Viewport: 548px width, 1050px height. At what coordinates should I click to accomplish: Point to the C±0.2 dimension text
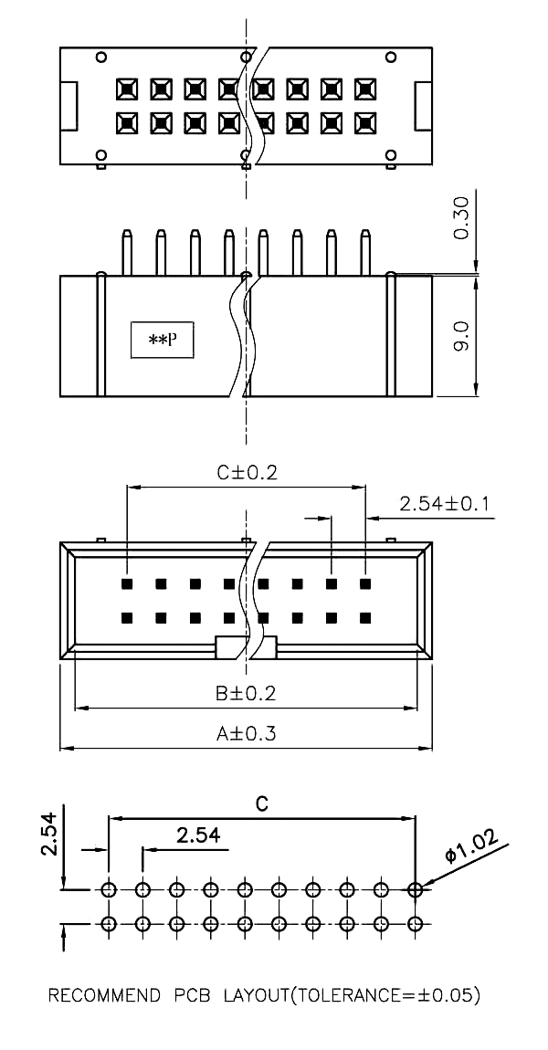click(x=246, y=473)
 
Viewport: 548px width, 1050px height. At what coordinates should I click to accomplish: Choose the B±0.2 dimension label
click(x=246, y=693)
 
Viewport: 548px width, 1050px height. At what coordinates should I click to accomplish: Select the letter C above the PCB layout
click(x=261, y=803)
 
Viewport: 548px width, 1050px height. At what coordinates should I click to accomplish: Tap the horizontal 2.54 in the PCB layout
click(x=197, y=835)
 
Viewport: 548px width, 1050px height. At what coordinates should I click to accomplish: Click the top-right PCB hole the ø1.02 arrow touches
click(x=416, y=888)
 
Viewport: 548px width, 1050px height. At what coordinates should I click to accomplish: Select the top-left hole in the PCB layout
click(x=109, y=888)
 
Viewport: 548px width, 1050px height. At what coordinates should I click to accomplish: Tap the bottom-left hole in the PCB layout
click(x=109, y=923)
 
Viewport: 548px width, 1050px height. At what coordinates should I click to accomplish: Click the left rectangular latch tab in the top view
click(x=68, y=106)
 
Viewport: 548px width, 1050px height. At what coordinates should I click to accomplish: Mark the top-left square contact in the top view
click(x=126, y=89)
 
